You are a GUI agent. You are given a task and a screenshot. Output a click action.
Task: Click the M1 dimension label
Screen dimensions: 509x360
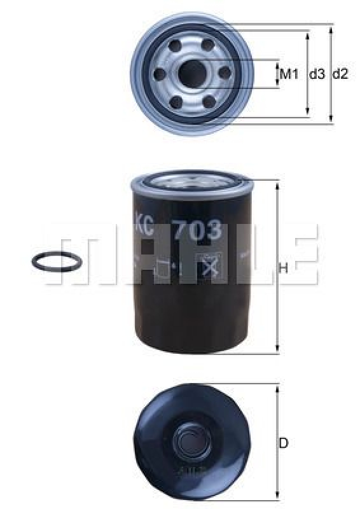tap(289, 74)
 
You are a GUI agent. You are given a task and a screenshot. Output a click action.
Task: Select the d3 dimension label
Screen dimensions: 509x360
tap(316, 74)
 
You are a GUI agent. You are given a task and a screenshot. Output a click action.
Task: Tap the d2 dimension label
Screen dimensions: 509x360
tap(340, 74)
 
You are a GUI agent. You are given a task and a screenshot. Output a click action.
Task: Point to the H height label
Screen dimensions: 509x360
tap(284, 268)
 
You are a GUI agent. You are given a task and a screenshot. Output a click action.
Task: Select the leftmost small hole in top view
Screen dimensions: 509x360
tap(159, 75)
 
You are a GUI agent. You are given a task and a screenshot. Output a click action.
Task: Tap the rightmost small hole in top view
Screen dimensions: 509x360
tap(224, 74)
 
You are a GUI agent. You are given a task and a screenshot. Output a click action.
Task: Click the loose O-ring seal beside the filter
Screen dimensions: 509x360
tap(55, 261)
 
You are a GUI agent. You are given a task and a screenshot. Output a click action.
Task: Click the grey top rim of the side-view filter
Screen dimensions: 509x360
tap(191, 185)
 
